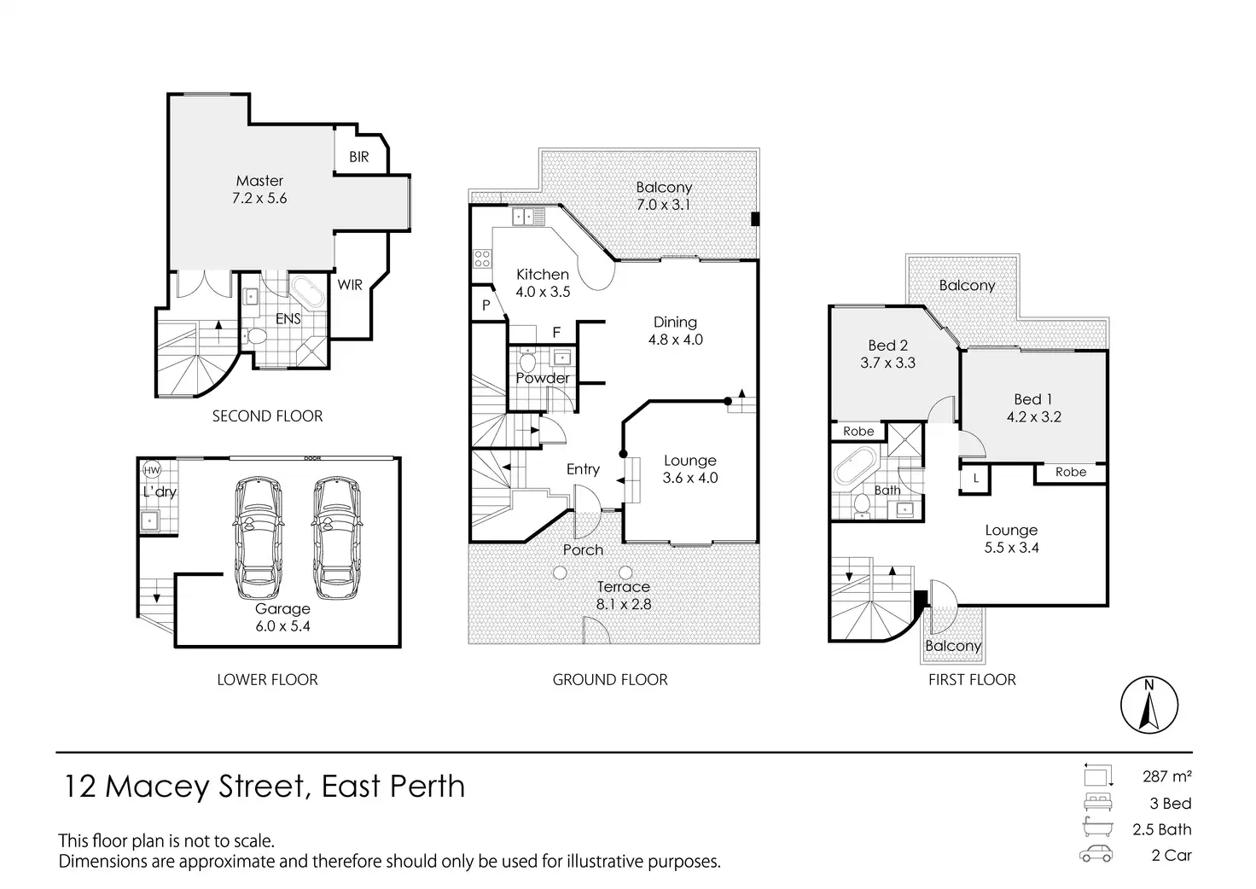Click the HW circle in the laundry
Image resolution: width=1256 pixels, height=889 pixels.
(x=152, y=470)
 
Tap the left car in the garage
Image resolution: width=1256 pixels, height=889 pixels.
(x=258, y=538)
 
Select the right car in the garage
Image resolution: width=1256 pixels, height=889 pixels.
(x=336, y=538)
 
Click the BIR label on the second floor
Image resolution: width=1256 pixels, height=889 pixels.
(x=359, y=157)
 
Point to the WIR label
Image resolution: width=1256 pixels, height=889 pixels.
(x=350, y=285)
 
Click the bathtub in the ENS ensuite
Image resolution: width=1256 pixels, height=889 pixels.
(x=307, y=292)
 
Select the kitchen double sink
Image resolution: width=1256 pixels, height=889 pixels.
(x=528, y=217)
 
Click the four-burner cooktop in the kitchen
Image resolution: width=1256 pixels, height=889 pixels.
(x=482, y=259)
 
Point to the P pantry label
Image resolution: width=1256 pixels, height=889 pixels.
(x=486, y=305)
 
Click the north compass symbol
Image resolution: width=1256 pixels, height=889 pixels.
(x=1149, y=705)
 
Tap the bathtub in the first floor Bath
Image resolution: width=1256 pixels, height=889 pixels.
(x=855, y=466)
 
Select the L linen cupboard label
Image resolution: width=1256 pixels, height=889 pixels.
(x=975, y=478)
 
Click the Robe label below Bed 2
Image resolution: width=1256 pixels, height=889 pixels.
(x=858, y=431)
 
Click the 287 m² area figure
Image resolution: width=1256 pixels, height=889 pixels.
(x=1167, y=776)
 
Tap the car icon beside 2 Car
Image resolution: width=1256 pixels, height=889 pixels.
(x=1096, y=855)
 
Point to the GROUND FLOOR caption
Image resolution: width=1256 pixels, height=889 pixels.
(x=610, y=679)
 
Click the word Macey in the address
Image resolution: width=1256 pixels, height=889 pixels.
(x=157, y=786)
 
